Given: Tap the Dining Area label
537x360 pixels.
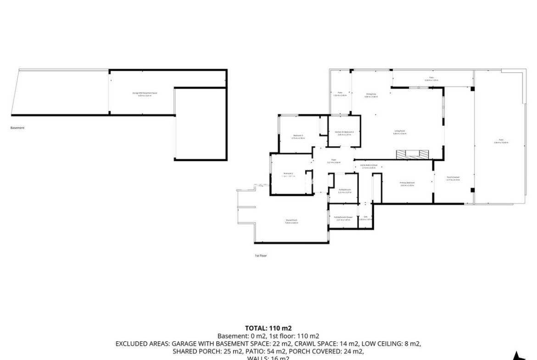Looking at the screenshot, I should [x=371, y=95].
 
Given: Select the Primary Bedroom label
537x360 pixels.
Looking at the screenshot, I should [x=408, y=184].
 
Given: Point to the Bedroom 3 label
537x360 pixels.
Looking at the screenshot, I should [x=299, y=136].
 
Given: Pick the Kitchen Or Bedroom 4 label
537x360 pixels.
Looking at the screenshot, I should [x=344, y=133].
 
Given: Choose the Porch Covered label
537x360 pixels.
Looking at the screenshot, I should [x=453, y=178].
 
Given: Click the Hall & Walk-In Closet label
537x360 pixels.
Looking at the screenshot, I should [x=369, y=166].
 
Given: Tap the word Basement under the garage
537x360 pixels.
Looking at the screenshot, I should [x=17, y=128].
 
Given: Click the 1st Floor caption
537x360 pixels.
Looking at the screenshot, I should [x=261, y=255].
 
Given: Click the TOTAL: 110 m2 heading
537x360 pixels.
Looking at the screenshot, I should [x=268, y=328].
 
